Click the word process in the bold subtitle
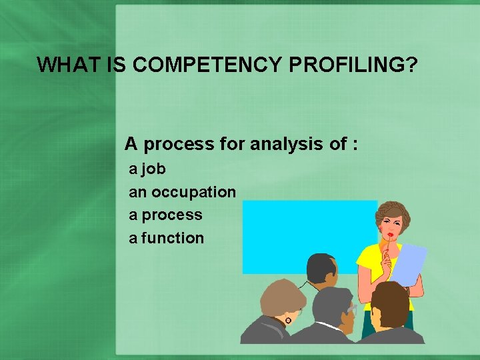(x=179, y=143)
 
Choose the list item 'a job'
(x=147, y=169)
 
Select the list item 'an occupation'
(x=182, y=192)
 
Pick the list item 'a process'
(x=165, y=215)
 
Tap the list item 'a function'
(x=166, y=238)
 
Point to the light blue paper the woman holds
(x=407, y=263)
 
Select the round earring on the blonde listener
(x=288, y=321)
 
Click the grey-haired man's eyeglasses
(x=351, y=309)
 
